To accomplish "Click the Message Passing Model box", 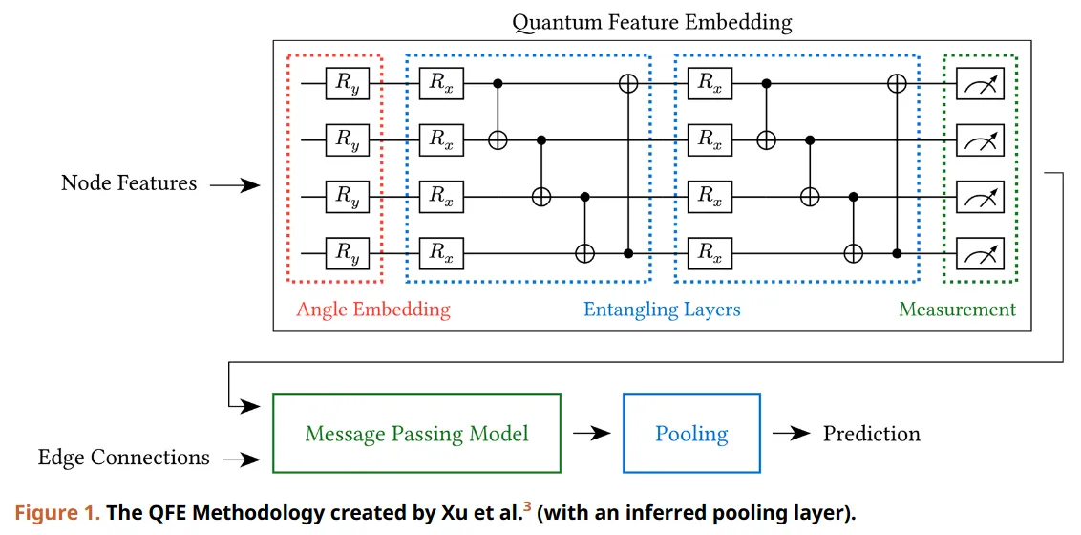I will (x=416, y=433).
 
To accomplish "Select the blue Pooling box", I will (x=691, y=433).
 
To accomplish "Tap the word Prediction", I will (x=871, y=433).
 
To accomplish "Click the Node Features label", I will (x=129, y=183).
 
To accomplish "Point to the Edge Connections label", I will (x=123, y=458).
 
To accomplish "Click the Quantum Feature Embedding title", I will (x=652, y=21).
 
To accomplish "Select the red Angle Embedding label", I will (x=372, y=310).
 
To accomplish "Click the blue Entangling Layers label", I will (x=662, y=310).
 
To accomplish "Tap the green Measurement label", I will (x=957, y=310).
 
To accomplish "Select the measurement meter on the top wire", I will (x=980, y=85).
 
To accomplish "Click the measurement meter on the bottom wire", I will (x=980, y=253).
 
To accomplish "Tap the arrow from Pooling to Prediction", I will (x=791, y=434).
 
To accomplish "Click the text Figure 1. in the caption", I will (x=55, y=513).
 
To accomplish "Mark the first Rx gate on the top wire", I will (x=440, y=84).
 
